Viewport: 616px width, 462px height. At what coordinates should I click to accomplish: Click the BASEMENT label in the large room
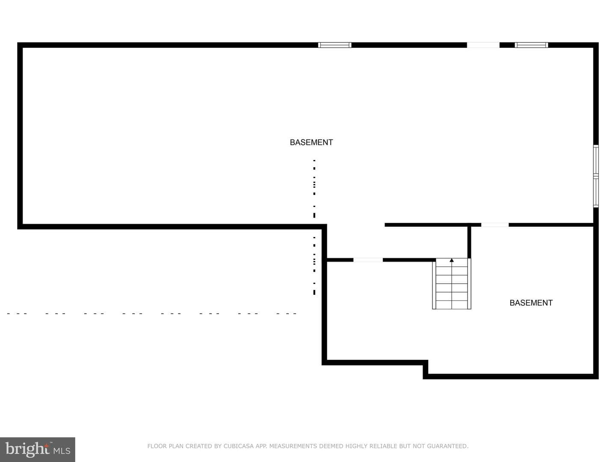(x=311, y=142)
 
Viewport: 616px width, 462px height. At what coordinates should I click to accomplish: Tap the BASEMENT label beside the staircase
(x=531, y=303)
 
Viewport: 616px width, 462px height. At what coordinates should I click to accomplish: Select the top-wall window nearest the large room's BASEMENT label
(x=335, y=45)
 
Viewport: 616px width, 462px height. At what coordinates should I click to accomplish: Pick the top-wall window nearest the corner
(x=531, y=45)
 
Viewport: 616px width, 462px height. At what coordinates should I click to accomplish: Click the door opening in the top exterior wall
(x=483, y=45)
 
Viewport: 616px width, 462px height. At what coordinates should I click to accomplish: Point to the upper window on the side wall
(x=596, y=161)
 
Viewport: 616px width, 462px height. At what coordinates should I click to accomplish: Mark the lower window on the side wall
(x=596, y=192)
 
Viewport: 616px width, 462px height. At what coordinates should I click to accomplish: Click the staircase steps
(x=452, y=284)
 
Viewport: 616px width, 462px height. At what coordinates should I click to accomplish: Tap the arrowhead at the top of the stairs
(x=452, y=261)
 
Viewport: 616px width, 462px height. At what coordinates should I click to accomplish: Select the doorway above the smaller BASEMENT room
(x=495, y=225)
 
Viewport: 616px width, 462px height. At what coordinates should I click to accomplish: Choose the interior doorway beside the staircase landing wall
(x=368, y=260)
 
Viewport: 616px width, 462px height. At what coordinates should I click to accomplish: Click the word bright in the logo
(x=27, y=449)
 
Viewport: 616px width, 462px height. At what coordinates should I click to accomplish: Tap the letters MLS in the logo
(x=62, y=451)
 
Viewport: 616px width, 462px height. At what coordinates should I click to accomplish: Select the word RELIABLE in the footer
(x=382, y=446)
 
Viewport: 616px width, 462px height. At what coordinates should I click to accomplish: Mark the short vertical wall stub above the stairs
(x=469, y=242)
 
